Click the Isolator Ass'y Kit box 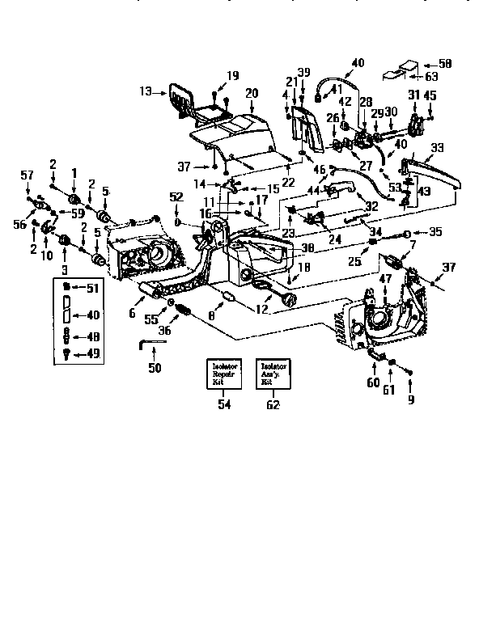pyautogui.click(x=273, y=374)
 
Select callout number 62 pyautogui.click(x=273, y=404)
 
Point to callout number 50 pyautogui.click(x=154, y=368)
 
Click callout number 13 pyautogui.click(x=146, y=92)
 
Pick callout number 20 pyautogui.click(x=252, y=93)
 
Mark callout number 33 pyautogui.click(x=438, y=148)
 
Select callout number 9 pyautogui.click(x=411, y=399)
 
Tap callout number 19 pyautogui.click(x=233, y=76)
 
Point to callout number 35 pyautogui.click(x=435, y=231)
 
